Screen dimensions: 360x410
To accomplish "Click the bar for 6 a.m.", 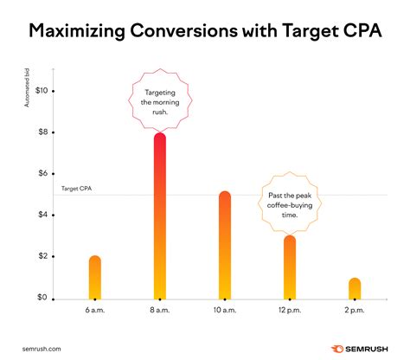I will [95, 278].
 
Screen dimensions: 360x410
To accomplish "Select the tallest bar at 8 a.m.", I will [159, 216].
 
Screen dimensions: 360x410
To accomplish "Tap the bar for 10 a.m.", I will [225, 246].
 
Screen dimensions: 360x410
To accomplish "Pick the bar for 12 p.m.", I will [290, 267].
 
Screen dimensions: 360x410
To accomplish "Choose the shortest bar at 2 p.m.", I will [355, 288].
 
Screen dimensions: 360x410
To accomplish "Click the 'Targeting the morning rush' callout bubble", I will [159, 99].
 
